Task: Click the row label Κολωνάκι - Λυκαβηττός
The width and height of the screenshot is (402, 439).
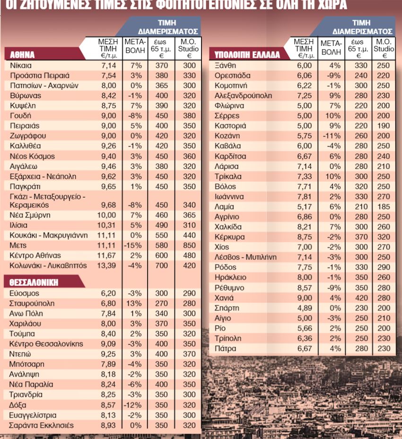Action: tap(48, 266)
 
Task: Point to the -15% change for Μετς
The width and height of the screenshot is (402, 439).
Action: tap(134, 246)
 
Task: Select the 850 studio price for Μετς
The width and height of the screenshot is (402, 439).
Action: tap(189, 246)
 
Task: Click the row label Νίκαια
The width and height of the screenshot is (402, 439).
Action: tap(21, 65)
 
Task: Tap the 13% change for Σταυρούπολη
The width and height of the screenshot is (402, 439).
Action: tap(135, 303)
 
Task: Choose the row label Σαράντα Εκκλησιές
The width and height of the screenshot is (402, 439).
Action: tap(42, 425)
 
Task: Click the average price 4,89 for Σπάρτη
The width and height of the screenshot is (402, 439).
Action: tap(304, 307)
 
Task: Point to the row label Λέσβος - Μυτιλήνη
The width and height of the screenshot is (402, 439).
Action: tap(245, 257)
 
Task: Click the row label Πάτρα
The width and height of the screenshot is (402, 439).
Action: tap(225, 349)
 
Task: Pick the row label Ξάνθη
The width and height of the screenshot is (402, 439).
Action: tap(225, 65)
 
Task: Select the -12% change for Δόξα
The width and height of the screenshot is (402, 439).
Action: tap(135, 405)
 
